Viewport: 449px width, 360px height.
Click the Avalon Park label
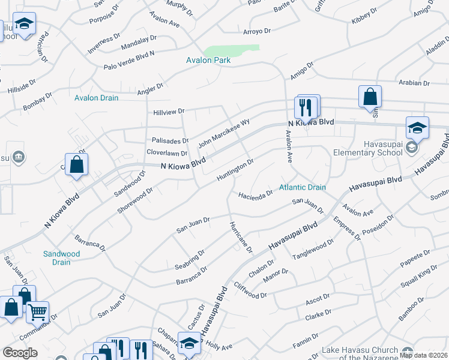(208, 60)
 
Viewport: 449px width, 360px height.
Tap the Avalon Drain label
(97, 98)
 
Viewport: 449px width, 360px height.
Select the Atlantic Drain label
(303, 187)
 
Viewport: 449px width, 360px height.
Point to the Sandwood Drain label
(61, 258)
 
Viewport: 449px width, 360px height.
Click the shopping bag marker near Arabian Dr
(370, 96)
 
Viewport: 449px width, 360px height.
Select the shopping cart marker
(37, 311)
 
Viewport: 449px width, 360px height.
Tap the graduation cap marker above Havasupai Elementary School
(417, 128)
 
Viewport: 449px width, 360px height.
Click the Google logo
(20, 353)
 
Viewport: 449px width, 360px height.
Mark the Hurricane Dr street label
(240, 236)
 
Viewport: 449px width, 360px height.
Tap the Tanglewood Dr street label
(312, 249)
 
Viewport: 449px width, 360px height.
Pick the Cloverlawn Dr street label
(167, 152)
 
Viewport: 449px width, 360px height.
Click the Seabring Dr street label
(190, 259)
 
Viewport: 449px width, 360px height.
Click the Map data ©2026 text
(423, 355)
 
